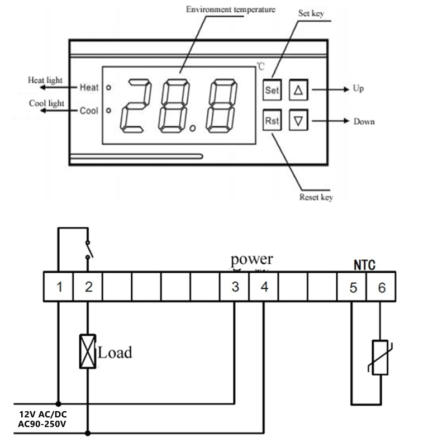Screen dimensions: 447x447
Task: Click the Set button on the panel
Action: click(272, 89)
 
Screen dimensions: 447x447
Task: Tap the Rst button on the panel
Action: click(272, 121)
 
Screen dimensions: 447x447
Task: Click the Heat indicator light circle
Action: click(109, 88)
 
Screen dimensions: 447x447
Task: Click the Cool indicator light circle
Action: click(109, 110)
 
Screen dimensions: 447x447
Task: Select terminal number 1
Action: click(59, 287)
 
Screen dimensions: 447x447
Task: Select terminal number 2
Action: click(88, 287)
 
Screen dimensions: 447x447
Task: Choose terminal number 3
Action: click(235, 287)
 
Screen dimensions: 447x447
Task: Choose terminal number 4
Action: click(264, 287)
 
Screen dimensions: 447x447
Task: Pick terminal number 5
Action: click(353, 287)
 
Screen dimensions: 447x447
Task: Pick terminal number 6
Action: click(382, 287)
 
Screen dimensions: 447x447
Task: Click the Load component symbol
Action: click(88, 351)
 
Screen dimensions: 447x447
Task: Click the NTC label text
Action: click(364, 264)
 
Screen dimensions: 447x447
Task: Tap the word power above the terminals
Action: click(252, 259)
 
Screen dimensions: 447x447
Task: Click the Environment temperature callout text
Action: click(230, 9)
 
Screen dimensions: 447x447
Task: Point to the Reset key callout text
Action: click(317, 197)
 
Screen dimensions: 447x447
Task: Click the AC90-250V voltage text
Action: click(42, 424)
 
